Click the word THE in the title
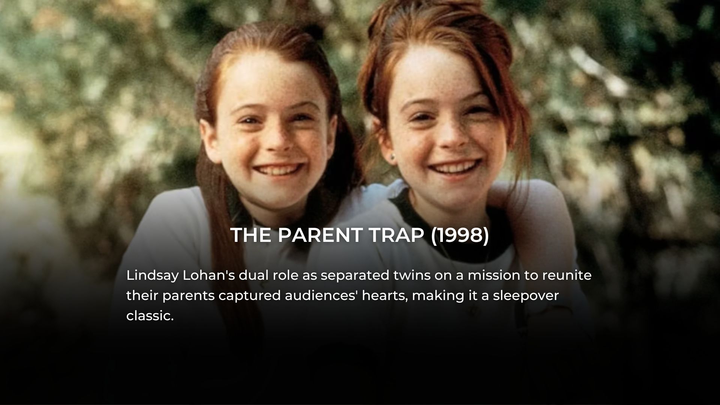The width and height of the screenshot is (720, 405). coord(251,235)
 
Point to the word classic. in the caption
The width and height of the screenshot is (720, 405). coord(150,316)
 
